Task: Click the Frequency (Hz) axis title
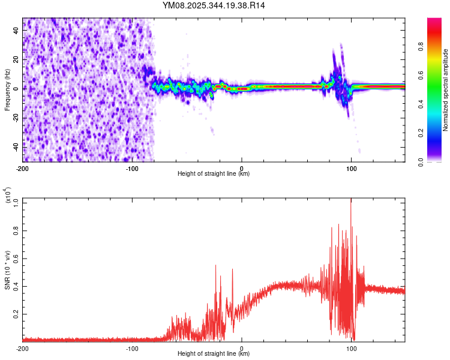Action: coord(7,89)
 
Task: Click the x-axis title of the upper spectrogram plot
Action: coord(214,173)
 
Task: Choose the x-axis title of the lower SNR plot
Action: coord(214,353)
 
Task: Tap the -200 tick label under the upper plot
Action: coord(23,167)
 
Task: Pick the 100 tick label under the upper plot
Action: coord(351,167)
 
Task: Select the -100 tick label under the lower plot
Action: coord(132,347)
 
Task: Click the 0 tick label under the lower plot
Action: coord(242,347)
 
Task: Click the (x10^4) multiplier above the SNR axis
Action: coord(7,195)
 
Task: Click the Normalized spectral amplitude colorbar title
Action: coord(446,90)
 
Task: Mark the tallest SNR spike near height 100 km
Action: coord(351,200)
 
